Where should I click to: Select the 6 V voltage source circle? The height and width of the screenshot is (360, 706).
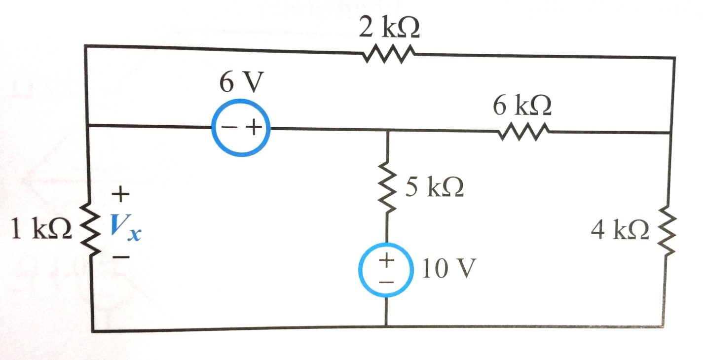coord(241,128)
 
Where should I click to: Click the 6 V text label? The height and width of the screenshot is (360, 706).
coord(239,84)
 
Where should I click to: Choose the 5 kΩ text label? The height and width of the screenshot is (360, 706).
coord(434,188)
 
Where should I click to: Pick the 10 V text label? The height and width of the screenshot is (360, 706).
coord(449,270)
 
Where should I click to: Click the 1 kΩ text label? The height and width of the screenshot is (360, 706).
coord(42,230)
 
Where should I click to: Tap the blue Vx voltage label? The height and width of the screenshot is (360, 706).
coord(125,228)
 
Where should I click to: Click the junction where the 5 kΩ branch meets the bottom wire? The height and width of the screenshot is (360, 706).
coord(386,326)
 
